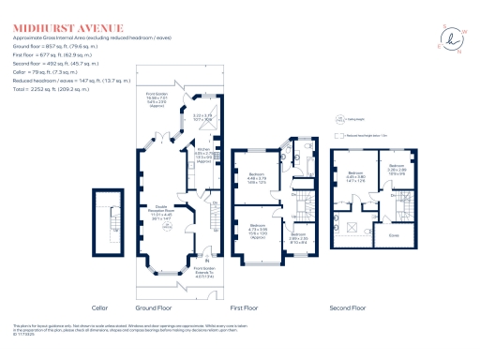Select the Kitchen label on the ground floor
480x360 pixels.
[x=202, y=152]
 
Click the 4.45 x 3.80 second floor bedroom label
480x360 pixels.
[x=356, y=176]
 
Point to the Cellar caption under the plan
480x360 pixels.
[x=100, y=307]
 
